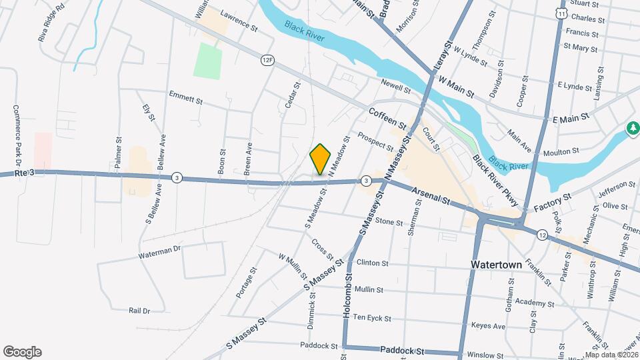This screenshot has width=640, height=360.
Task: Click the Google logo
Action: [22, 352]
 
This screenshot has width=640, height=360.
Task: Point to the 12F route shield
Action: [267, 60]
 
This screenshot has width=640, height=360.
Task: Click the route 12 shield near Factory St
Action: [542, 235]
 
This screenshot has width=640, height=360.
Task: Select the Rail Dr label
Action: [139, 310]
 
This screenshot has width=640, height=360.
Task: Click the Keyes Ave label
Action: [488, 326]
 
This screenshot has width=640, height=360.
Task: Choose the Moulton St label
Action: [560, 153]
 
